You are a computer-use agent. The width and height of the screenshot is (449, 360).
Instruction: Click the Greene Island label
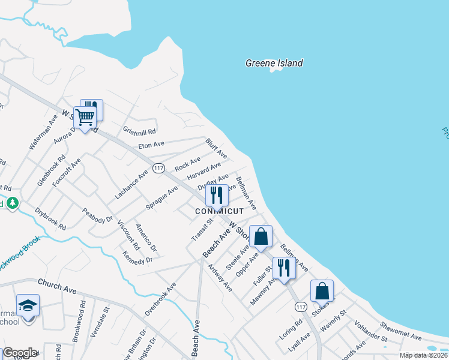[x=274, y=63]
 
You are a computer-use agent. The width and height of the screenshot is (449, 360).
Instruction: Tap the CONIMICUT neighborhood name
[x=220, y=212]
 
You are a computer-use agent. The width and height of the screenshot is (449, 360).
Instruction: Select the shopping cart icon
[x=85, y=117]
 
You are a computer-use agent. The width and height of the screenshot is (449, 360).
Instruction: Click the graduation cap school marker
[x=28, y=305]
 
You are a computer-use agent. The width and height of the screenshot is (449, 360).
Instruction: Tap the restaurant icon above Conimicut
[x=217, y=195]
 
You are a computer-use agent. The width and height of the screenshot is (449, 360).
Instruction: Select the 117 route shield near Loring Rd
[x=301, y=307]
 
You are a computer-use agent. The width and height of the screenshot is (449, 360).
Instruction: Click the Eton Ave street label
[x=151, y=145]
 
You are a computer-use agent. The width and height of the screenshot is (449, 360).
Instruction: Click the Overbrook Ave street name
[x=160, y=299]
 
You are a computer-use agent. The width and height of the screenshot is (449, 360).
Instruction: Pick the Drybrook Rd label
[x=50, y=218]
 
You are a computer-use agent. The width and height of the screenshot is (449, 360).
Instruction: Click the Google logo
[x=19, y=353]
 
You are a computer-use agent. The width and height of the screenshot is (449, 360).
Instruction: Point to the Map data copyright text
[x=423, y=355]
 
